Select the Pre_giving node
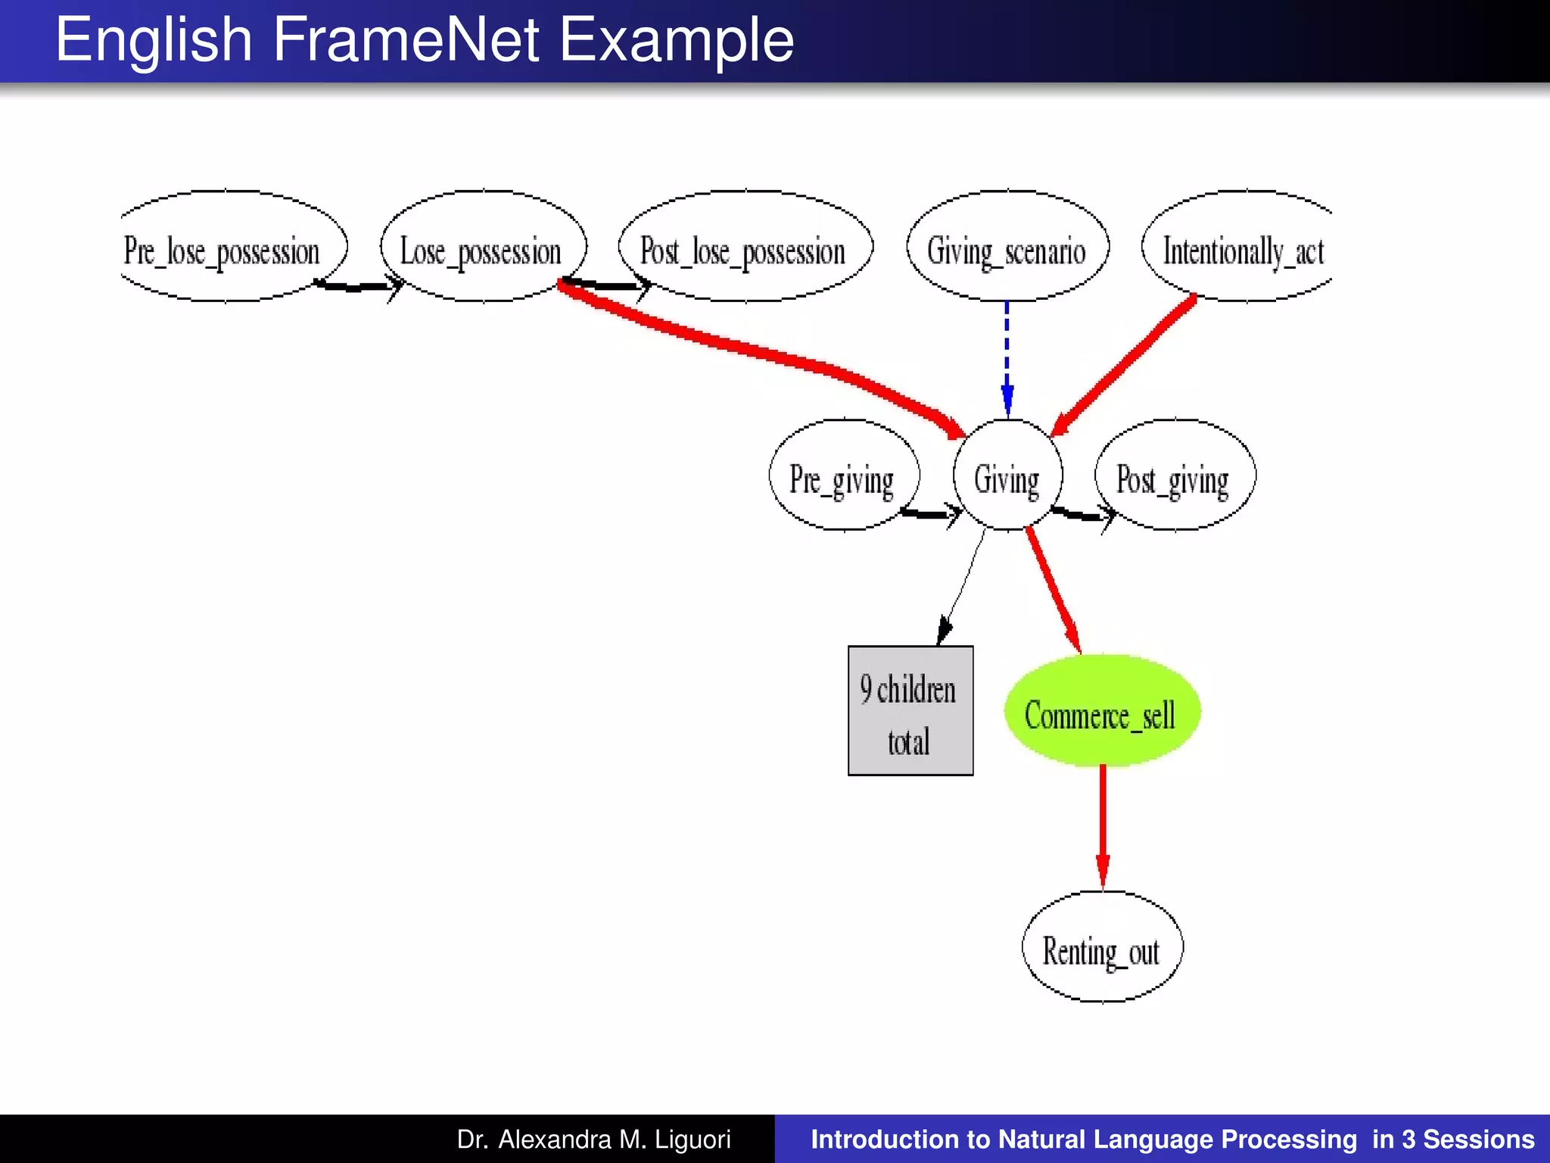coord(843,476)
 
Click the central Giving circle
coord(1007,476)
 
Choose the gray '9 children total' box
coord(910,711)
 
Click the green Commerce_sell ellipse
coord(1101,712)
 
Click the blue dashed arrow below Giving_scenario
coord(1007,356)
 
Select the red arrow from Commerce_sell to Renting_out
coord(1103,825)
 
